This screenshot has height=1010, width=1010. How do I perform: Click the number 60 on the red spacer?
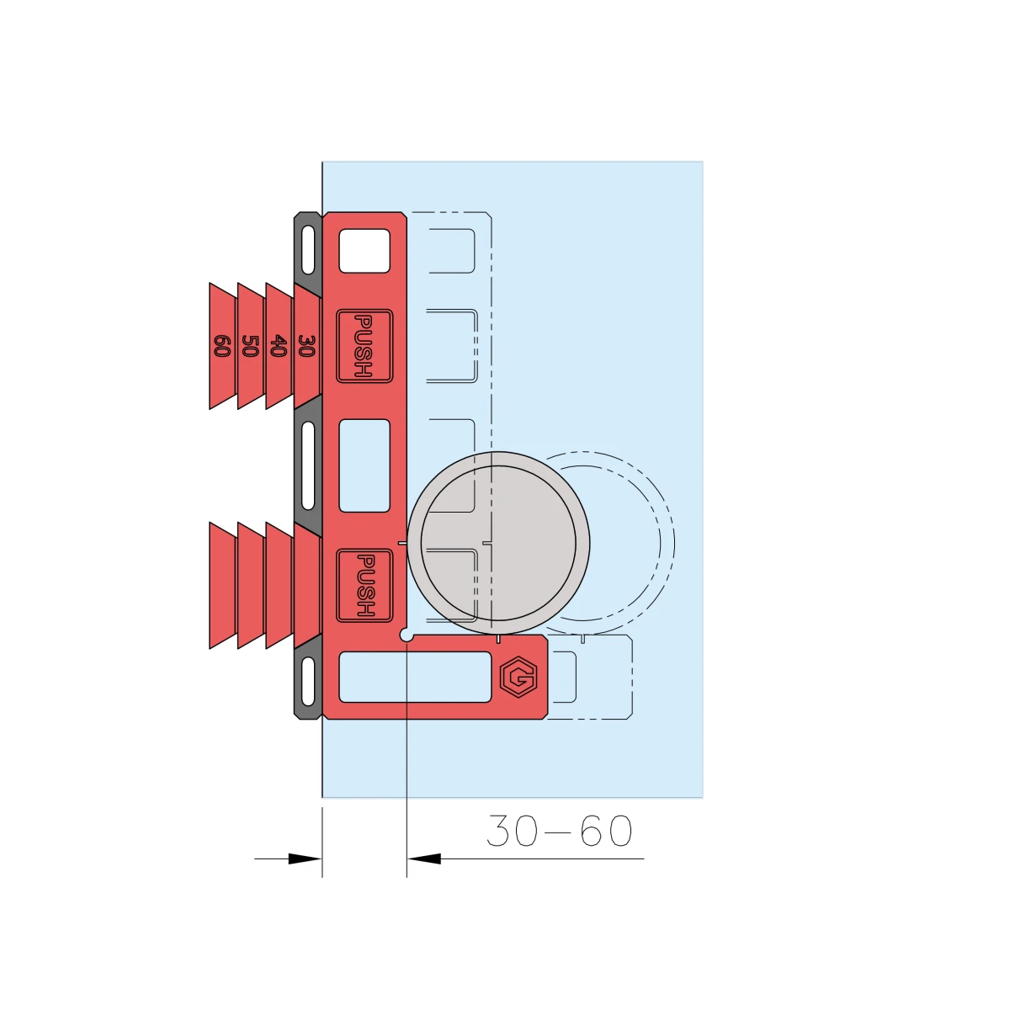221,346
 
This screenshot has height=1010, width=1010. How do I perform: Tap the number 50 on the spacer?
250,346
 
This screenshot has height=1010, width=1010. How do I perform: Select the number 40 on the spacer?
279,346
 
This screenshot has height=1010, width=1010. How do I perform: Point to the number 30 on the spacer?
306,346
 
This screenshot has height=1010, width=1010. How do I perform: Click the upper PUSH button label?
364,346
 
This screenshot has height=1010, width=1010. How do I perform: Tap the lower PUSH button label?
364,586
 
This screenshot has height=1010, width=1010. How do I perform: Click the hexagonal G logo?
518,678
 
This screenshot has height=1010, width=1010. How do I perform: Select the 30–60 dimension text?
559,831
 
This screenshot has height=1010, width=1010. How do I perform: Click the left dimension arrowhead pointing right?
305,858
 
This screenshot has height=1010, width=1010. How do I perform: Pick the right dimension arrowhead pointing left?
424,858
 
